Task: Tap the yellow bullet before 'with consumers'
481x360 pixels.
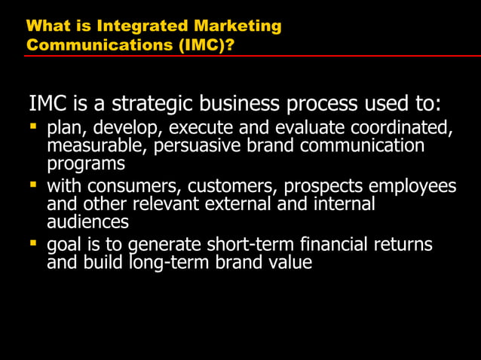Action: (33, 184)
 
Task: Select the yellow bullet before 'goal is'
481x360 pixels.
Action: (33, 243)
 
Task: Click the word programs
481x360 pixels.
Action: (85, 163)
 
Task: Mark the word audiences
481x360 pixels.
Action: (87, 222)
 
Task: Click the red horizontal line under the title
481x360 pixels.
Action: (252, 56)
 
